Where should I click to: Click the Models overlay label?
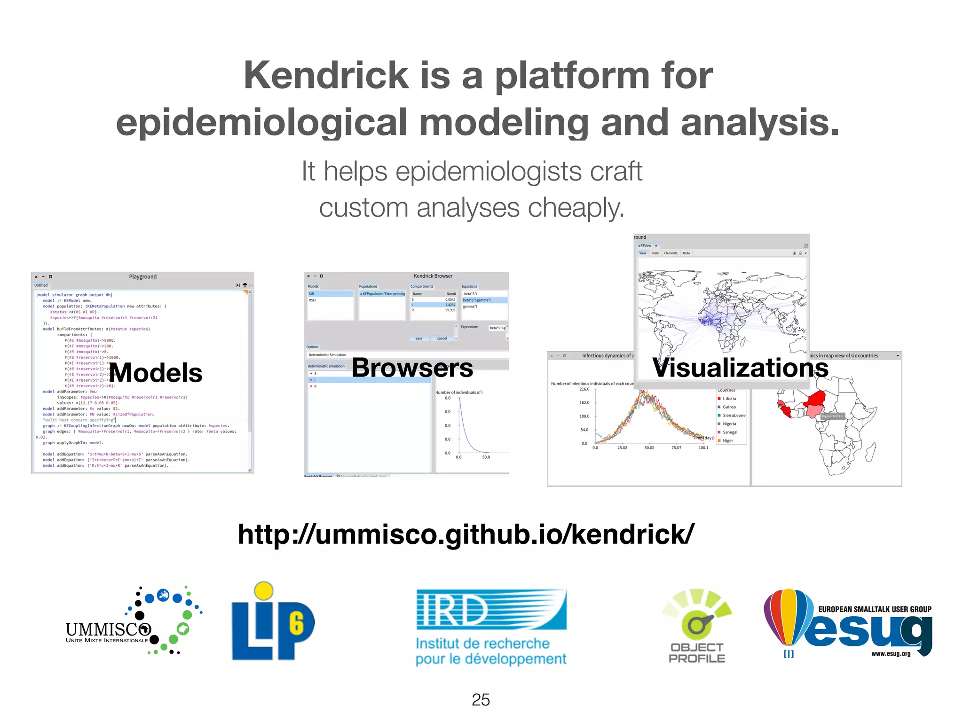pyautogui.click(x=156, y=373)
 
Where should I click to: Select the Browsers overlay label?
pyautogui.click(x=412, y=368)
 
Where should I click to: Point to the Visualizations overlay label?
pyautogui.click(x=740, y=368)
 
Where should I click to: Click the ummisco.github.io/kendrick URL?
pyautogui.click(x=466, y=534)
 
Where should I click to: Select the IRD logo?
pyautogui.click(x=491, y=628)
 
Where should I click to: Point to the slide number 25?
pyautogui.click(x=481, y=700)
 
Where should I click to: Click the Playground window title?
pyautogui.click(x=142, y=277)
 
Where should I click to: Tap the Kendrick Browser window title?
pyautogui.click(x=433, y=276)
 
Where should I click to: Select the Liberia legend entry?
pyautogui.click(x=729, y=399)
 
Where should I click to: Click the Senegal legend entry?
pyautogui.click(x=730, y=432)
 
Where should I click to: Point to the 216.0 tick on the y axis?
pyautogui.click(x=584, y=389)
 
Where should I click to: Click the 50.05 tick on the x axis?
pyautogui.click(x=649, y=448)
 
